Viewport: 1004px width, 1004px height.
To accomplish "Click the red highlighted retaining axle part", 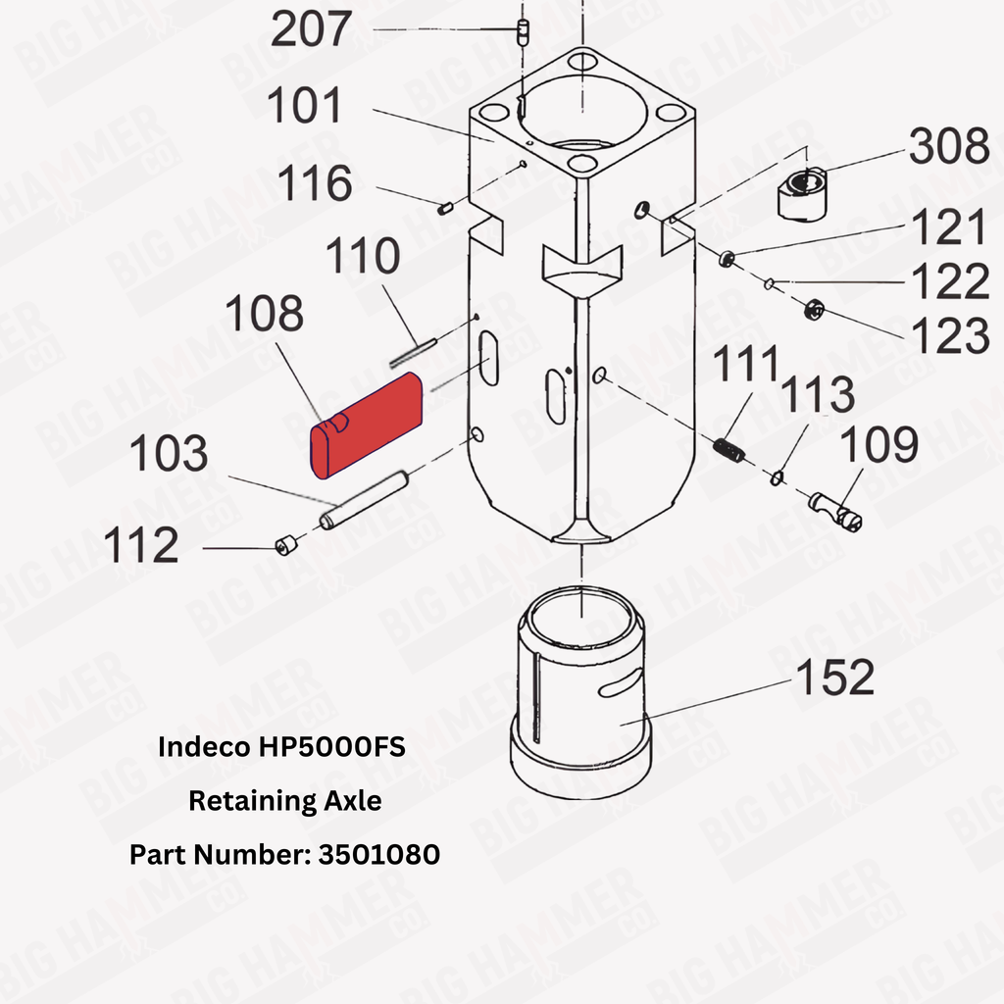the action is tap(367, 426).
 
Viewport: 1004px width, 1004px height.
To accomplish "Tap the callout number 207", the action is tap(311, 29).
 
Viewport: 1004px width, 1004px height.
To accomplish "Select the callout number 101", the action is tap(305, 106).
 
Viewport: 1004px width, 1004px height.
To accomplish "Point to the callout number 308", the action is tap(949, 146).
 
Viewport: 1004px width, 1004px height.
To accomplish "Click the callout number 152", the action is tap(835, 677).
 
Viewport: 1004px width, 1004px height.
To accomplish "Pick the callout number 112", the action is tap(141, 545).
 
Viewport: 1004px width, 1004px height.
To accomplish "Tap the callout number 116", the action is tap(315, 183).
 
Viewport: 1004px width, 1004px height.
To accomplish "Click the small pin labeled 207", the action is tap(524, 32).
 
